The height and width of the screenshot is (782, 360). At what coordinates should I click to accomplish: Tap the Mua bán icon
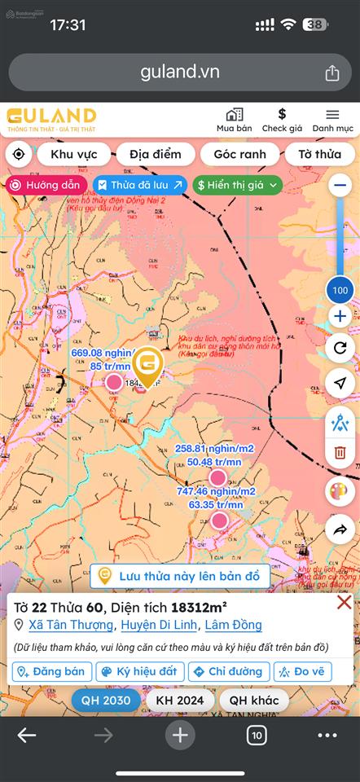coord(234,115)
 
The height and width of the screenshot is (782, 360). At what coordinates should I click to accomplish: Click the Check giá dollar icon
coord(282,115)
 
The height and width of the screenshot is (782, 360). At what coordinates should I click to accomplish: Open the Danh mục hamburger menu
coord(332,115)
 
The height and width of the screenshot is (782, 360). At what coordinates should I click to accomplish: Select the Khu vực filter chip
coord(73,154)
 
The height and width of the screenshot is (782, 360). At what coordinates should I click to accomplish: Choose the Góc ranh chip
coord(239,154)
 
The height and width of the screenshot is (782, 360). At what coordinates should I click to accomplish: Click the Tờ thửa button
coord(315,154)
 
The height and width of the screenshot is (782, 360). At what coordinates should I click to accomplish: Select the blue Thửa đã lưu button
coord(140,185)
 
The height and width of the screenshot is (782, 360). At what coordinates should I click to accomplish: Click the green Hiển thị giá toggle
coord(238,185)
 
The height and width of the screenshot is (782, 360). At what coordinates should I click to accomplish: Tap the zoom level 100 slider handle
coord(340,290)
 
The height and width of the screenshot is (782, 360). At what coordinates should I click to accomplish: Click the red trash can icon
coord(340,452)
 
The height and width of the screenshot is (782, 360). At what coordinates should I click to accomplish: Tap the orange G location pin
coord(147,364)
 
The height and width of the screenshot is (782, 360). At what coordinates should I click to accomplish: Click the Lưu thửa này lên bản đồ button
coord(180,576)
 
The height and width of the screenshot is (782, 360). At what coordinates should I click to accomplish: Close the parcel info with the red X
coord(345,603)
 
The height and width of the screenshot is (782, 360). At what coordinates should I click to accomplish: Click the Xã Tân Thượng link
coord(71,625)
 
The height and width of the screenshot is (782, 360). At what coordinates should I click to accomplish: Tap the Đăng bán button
coord(52,672)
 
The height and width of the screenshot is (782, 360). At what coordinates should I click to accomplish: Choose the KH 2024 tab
coord(182,701)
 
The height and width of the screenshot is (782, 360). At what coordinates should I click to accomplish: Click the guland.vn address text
coord(180,72)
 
